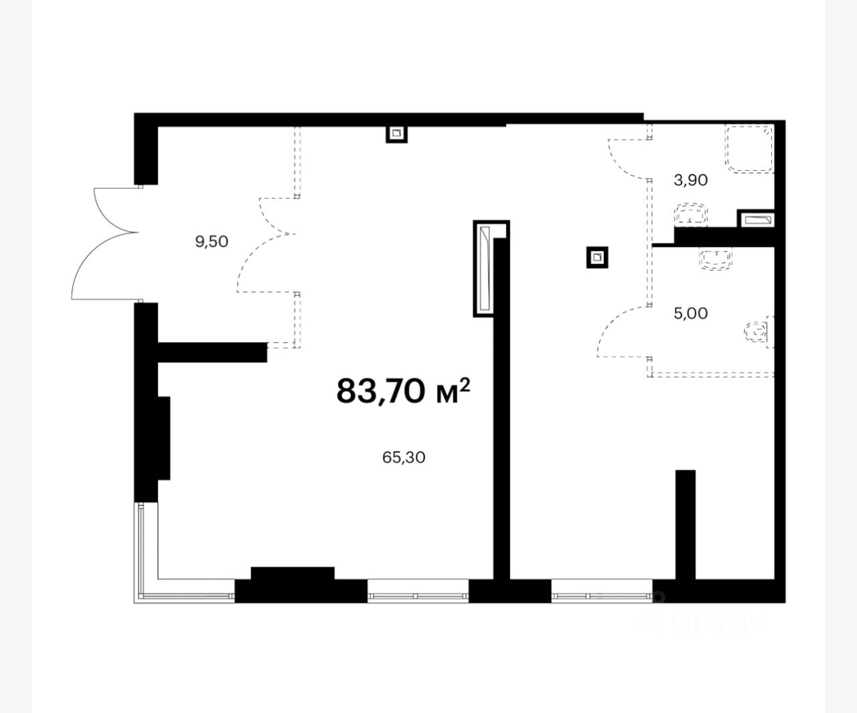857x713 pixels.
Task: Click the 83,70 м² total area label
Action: [x=403, y=391]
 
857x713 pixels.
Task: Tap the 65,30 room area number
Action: [x=404, y=457]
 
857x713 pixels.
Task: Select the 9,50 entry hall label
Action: [x=212, y=242]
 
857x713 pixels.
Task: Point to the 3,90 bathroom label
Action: [x=691, y=180]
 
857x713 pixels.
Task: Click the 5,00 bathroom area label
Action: [x=691, y=313]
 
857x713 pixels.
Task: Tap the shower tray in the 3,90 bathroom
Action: [x=749, y=149]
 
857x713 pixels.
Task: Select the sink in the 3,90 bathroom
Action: [x=691, y=215]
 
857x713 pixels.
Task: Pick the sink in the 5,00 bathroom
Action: [x=716, y=258]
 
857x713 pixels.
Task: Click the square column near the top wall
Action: [x=396, y=133]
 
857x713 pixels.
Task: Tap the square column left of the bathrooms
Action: [x=597, y=257]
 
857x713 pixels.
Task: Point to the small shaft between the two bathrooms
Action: [x=758, y=220]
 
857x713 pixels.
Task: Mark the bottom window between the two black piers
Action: [x=418, y=591]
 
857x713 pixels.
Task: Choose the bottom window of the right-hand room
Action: [x=602, y=591]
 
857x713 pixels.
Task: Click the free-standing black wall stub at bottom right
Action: [x=686, y=525]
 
